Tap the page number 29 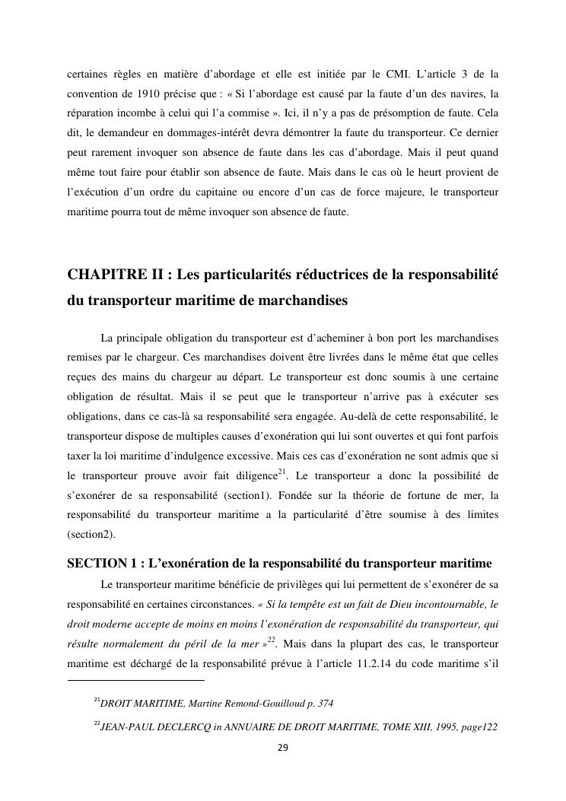click(x=282, y=748)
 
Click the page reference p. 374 click(x=318, y=704)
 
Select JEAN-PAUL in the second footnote click(x=126, y=726)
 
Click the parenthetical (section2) click(x=91, y=536)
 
